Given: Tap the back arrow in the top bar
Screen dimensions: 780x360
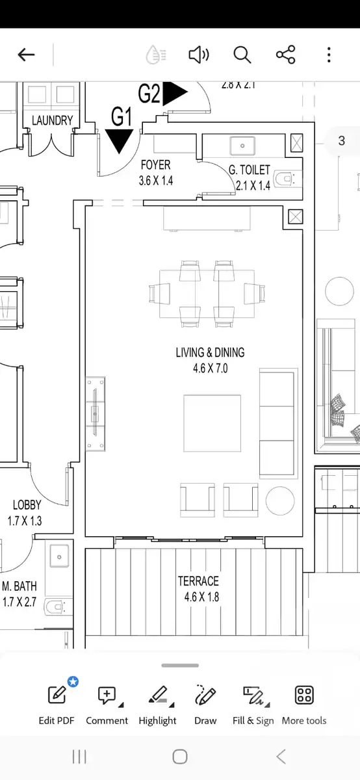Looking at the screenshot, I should pos(26,55).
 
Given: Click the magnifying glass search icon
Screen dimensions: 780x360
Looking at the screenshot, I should pos(242,55).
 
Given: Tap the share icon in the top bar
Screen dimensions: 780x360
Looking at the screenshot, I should pos(286,55).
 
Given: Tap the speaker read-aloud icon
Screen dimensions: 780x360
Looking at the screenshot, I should pos(198,55).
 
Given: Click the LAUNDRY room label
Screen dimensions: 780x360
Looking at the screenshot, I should pos(53,120).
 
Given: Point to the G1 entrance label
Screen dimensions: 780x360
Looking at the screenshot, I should pos(122,117).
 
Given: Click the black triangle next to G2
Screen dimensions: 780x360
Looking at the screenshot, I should pos(174,94).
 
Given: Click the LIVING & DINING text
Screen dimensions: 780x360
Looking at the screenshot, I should pos(210,353).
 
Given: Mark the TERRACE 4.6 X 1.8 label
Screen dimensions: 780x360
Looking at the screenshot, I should pos(198,589).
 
